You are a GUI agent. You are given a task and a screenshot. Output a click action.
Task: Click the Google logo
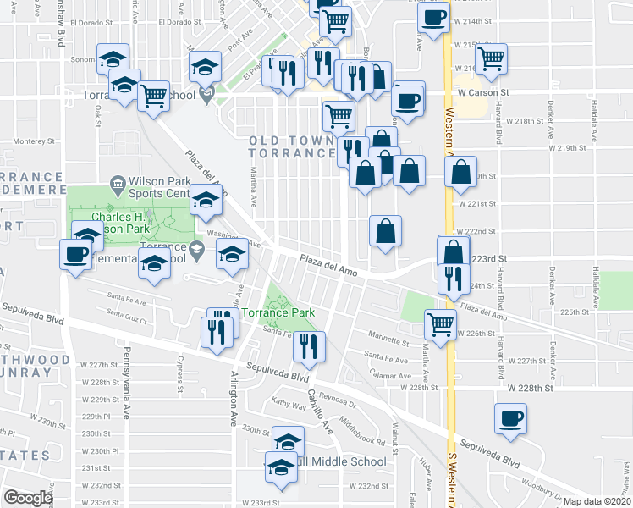click(27, 498)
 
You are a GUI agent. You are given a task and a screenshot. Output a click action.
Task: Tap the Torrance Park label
click(278, 313)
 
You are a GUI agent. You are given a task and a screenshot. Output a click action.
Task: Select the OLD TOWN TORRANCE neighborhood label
click(292, 146)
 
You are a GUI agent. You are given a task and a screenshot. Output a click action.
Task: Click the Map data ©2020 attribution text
click(597, 501)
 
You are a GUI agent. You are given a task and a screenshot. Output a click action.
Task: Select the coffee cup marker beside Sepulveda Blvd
click(511, 419)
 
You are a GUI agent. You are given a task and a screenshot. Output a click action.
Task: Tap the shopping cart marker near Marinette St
click(440, 323)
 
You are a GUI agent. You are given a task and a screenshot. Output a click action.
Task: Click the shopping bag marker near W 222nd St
click(385, 231)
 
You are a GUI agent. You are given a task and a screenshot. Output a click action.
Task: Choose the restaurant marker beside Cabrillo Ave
click(309, 347)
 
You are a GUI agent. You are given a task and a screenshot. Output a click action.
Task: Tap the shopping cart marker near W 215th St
click(491, 59)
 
